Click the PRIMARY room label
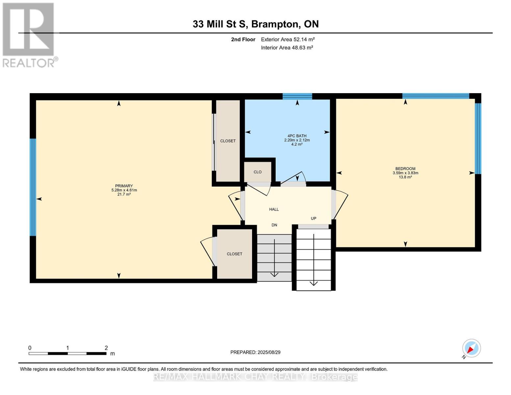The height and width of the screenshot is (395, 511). (124, 186)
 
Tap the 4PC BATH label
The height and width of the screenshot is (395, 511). (297, 136)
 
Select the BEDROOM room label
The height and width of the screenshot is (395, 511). (405, 169)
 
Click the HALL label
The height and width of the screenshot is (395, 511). (274, 209)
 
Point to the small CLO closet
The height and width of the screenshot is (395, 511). (258, 172)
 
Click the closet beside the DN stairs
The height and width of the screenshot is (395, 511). (234, 254)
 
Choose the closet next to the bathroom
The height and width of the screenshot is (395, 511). (228, 141)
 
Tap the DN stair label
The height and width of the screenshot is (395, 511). (274, 225)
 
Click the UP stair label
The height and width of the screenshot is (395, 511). (314, 219)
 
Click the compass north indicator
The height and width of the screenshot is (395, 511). (471, 348)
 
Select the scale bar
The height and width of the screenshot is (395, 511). (67, 354)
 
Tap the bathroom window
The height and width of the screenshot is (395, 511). (297, 96)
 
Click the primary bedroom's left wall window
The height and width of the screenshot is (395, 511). (33, 187)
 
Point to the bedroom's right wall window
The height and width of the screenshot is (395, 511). (478, 139)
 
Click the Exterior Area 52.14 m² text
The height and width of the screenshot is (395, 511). (288, 39)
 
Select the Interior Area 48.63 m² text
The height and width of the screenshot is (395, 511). (287, 48)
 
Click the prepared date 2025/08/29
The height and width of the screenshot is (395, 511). (269, 352)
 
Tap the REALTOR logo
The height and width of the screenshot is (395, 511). (29, 35)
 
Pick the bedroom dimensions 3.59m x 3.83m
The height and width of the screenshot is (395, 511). (405, 173)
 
